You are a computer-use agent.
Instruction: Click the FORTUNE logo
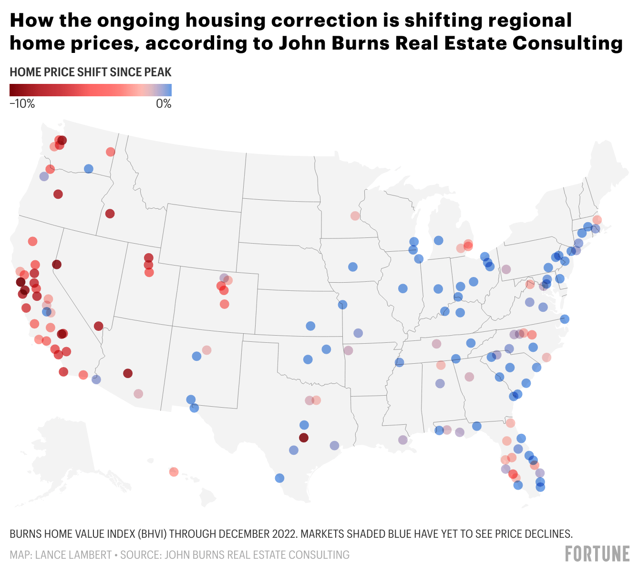pyautogui.click(x=597, y=554)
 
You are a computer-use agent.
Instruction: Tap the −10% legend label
pyautogui.click(x=22, y=103)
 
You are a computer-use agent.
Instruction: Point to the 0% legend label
pyautogui.click(x=164, y=103)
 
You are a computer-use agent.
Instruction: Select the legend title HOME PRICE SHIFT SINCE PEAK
pyautogui.click(x=91, y=72)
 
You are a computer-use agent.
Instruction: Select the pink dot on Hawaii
pyautogui.click(x=174, y=472)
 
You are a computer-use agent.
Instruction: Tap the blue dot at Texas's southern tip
pyautogui.click(x=279, y=478)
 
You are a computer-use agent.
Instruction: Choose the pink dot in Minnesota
pyautogui.click(x=355, y=216)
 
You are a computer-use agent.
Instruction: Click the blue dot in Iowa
pyautogui.click(x=353, y=267)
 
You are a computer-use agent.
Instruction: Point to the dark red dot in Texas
pyautogui.click(x=303, y=438)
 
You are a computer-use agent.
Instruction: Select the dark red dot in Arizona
pyautogui.click(x=127, y=373)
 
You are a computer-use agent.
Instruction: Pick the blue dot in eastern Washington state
pyautogui.click(x=88, y=169)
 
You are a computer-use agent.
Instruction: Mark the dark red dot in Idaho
pyautogui.click(x=110, y=214)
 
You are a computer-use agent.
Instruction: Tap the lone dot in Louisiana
pyautogui.click(x=403, y=440)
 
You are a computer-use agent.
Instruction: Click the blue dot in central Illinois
pyautogui.click(x=402, y=288)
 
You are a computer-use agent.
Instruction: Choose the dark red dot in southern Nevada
pyautogui.click(x=98, y=326)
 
